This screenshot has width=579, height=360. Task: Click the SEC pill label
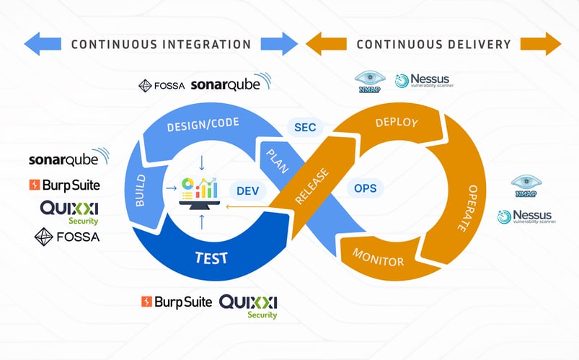pos(305,128)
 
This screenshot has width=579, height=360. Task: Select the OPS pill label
pos(365,188)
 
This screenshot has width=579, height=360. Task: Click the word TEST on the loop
pos(212,257)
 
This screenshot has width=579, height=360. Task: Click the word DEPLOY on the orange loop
pos(397,123)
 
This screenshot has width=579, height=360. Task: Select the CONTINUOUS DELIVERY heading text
pos(433,44)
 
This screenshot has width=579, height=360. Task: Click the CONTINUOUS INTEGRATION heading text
pos(161,44)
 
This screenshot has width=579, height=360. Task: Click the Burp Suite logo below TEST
pos(177,302)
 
